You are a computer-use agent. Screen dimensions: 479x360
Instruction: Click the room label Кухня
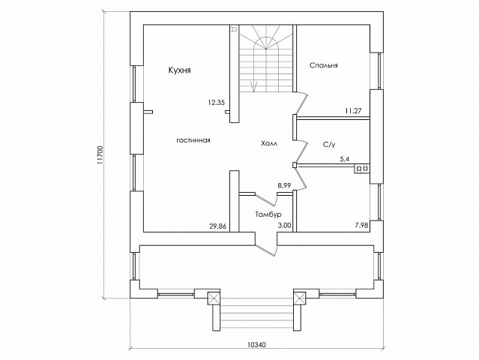tap(180, 70)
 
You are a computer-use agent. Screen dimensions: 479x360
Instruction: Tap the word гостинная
tap(193, 140)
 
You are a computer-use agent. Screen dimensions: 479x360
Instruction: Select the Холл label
tap(269, 143)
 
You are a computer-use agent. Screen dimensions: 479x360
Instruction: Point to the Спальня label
tap(324, 65)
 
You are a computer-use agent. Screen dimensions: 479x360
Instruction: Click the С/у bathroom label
tap(329, 145)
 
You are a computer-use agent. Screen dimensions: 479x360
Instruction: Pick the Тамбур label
tap(268, 214)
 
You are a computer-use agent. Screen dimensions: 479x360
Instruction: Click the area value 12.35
tap(217, 103)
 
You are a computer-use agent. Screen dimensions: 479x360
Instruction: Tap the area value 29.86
tap(218, 226)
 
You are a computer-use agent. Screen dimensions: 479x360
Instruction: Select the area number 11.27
tap(353, 111)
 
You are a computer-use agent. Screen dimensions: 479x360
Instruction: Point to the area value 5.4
tap(346, 159)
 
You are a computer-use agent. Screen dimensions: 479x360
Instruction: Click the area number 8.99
tap(284, 185)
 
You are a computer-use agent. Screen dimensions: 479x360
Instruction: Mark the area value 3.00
tap(284, 226)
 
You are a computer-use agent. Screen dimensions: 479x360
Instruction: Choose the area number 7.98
tap(362, 226)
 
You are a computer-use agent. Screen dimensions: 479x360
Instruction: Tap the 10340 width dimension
tap(256, 345)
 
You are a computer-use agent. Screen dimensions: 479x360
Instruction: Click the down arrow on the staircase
tap(254, 87)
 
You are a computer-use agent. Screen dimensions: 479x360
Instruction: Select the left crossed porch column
tap(214, 298)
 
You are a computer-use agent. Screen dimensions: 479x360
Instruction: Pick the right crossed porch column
tap(300, 298)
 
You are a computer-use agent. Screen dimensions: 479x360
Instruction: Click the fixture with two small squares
tap(362, 169)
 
